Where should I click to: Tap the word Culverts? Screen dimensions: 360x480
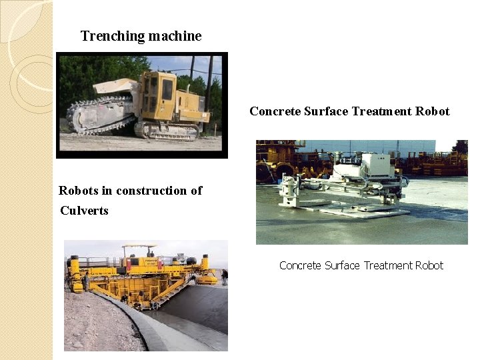84,211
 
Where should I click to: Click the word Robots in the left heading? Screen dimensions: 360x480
78,191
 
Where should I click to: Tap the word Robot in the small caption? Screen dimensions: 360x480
429,265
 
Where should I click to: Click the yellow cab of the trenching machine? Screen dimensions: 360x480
160,93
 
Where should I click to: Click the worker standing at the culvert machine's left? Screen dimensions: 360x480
85,283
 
